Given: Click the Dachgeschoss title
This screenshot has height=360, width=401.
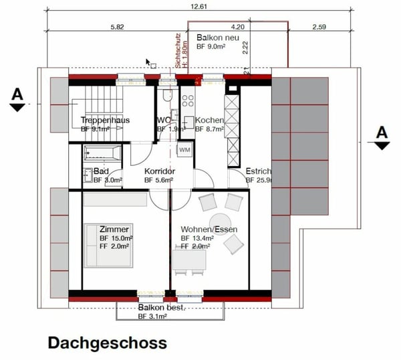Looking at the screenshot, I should click(x=107, y=343).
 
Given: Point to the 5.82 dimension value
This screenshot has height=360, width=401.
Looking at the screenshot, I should click(x=117, y=27).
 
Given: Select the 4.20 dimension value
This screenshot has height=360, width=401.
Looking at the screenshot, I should click(x=239, y=27).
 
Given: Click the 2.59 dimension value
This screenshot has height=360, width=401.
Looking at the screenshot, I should click(x=317, y=27).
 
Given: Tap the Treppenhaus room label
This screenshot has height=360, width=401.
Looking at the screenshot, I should click(x=101, y=120).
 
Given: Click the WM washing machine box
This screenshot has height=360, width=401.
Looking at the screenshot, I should click(x=185, y=149).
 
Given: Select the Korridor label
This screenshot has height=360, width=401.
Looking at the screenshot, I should click(x=160, y=171).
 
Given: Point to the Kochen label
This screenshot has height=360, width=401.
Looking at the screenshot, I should click(x=209, y=120).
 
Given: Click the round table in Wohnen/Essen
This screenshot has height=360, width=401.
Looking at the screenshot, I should click(x=221, y=221).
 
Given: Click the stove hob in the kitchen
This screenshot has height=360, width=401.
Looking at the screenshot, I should click(x=188, y=101).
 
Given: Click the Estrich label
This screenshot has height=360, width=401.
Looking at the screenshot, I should click(x=258, y=171).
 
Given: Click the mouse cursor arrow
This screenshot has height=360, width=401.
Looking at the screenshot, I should click(x=149, y=62).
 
